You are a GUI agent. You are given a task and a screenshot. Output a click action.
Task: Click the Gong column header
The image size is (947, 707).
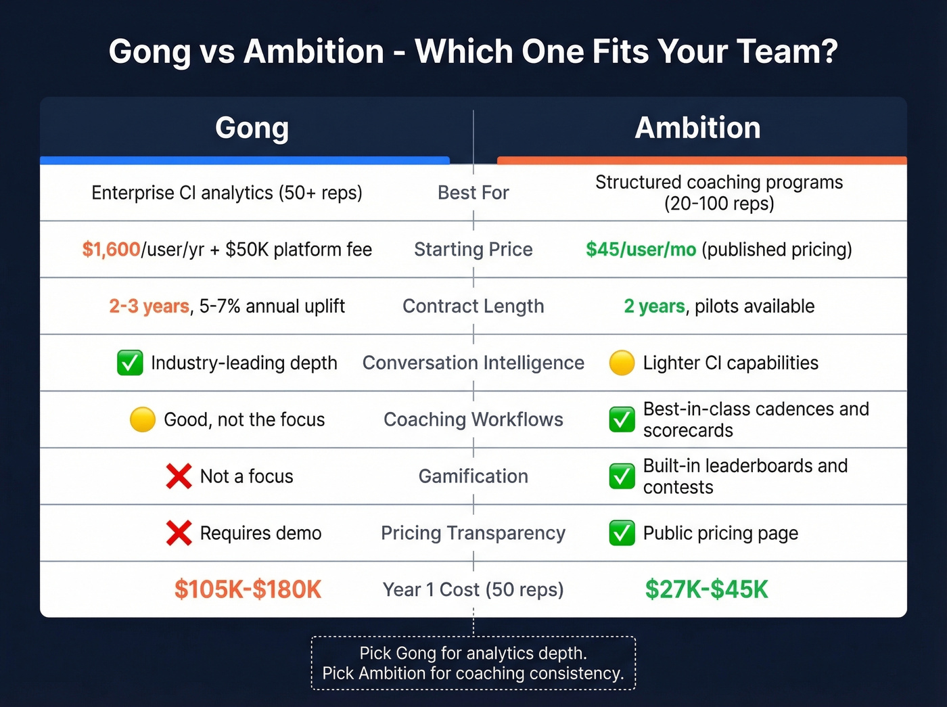click(x=252, y=128)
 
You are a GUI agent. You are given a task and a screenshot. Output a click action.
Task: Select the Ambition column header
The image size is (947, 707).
click(x=697, y=128)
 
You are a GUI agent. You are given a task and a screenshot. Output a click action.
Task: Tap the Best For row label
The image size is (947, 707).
click(x=473, y=193)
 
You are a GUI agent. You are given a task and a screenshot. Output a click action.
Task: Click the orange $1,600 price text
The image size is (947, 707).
click(x=111, y=250)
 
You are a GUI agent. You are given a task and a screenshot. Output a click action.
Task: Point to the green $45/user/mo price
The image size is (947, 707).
click(x=641, y=250)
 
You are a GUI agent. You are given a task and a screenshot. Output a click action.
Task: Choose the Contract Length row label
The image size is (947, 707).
click(x=473, y=306)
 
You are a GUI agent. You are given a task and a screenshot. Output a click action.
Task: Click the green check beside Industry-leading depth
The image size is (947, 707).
click(x=130, y=363)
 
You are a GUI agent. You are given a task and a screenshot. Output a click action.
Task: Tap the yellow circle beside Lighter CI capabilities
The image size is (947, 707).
click(x=622, y=363)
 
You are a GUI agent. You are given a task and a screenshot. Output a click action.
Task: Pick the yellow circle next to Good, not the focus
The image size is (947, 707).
click(x=143, y=419)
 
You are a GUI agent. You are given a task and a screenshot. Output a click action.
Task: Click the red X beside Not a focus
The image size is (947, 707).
click(x=179, y=476)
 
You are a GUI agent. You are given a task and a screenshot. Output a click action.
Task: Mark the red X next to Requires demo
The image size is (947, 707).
click(x=179, y=533)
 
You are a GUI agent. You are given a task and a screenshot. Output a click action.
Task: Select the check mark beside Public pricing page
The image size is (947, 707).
click(x=622, y=533)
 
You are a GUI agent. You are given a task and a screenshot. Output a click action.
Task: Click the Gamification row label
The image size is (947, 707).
click(x=473, y=476)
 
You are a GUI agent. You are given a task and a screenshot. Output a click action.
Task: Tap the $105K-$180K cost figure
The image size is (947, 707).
click(x=248, y=589)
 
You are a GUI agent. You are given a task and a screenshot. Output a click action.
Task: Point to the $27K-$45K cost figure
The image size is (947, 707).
click(x=706, y=589)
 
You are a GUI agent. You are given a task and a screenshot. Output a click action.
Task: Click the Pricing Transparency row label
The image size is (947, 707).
click(x=473, y=533)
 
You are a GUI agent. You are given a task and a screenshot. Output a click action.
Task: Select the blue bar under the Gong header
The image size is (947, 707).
click(x=245, y=160)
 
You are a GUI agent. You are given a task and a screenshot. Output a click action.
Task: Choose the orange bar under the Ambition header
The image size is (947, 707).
click(x=701, y=160)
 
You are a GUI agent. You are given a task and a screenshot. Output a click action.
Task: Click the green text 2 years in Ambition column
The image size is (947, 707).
click(x=654, y=306)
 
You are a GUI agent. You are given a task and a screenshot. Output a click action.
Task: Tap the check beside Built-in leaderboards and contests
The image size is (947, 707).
click(x=622, y=476)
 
